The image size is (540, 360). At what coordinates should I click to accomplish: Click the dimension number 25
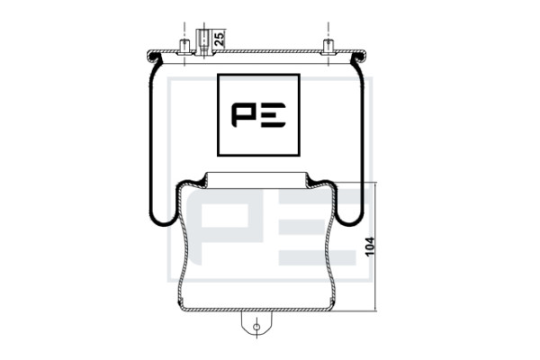tap(220, 39)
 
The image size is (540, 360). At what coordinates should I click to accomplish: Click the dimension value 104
tap(370, 247)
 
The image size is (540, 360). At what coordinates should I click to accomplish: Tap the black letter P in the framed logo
tap(244, 114)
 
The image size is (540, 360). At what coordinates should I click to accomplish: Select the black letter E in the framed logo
tap(274, 114)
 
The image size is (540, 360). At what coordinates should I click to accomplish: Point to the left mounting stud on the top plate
tap(184, 47)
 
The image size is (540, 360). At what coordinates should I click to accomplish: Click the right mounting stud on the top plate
tap(328, 47)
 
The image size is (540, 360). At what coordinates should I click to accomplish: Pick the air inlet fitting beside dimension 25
tap(202, 42)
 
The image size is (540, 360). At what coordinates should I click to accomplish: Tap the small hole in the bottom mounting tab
tap(256, 327)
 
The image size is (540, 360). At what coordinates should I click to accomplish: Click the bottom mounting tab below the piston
tap(256, 323)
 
